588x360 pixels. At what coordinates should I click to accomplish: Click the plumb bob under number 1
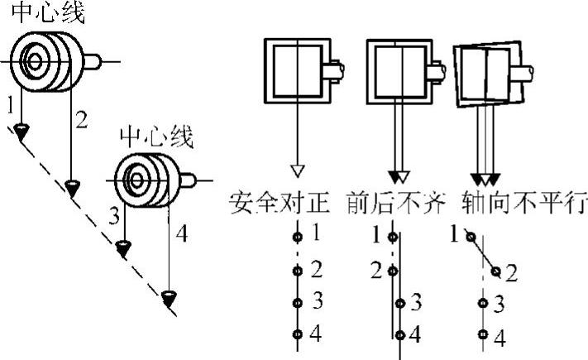21,128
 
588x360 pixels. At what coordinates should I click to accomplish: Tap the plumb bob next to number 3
124,247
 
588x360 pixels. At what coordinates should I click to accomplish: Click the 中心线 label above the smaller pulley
156,136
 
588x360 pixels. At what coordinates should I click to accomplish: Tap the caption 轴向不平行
511,202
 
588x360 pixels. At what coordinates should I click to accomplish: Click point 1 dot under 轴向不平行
469,237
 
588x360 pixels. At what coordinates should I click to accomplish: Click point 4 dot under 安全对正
297,334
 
